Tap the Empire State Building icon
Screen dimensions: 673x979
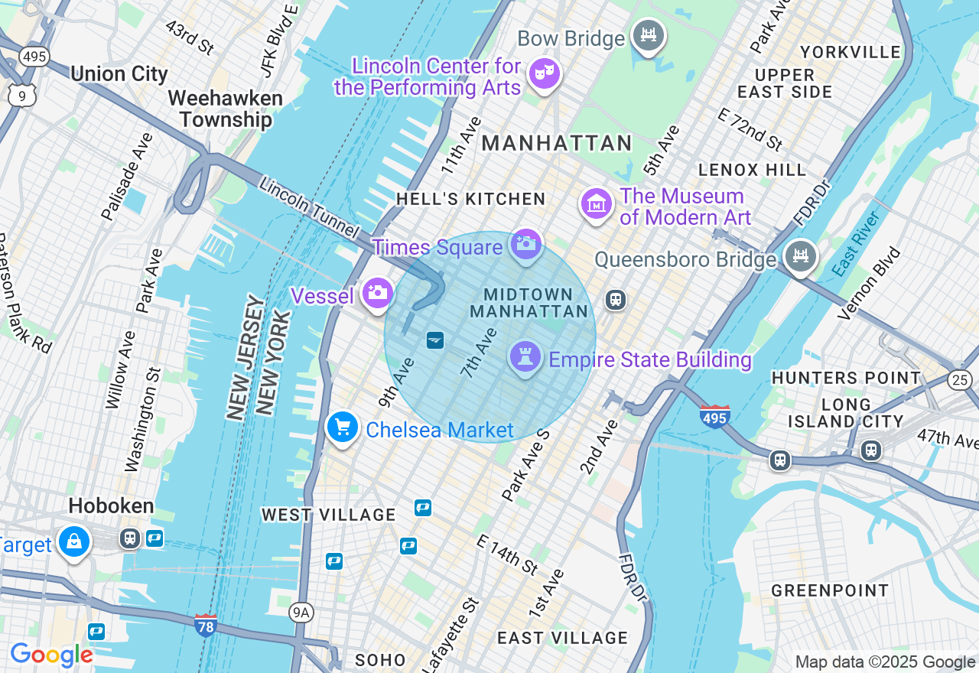525,357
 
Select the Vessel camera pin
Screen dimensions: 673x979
376,293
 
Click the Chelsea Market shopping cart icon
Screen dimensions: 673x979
343,428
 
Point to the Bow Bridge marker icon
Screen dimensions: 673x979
649,34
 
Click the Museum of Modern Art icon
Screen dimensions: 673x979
597,204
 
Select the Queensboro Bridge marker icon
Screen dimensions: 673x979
801,256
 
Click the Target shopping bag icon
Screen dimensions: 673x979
74,542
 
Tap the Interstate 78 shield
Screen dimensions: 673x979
205,624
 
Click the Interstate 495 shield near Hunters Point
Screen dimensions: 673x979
714,417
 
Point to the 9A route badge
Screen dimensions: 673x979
301,612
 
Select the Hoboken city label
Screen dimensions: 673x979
111,506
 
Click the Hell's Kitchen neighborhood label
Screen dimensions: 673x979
471,200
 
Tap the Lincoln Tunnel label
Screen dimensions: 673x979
309,206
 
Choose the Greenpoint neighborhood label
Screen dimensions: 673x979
830,590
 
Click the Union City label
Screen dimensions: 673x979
119,74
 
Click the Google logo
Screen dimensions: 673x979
51,655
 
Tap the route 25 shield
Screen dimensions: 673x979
959,379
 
